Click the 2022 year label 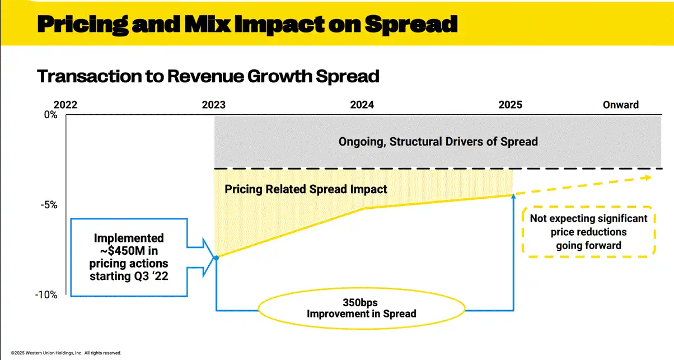65,105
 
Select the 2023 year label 214,105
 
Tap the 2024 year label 362,105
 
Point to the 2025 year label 511,105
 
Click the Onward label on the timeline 620,105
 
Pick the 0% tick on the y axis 50,115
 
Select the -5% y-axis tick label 49,205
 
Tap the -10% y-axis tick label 46,295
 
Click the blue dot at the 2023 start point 216,258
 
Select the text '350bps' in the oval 361,302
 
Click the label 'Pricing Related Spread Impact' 306,189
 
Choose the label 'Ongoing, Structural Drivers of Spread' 438,142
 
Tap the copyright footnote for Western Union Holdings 65,353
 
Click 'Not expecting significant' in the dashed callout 588,218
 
